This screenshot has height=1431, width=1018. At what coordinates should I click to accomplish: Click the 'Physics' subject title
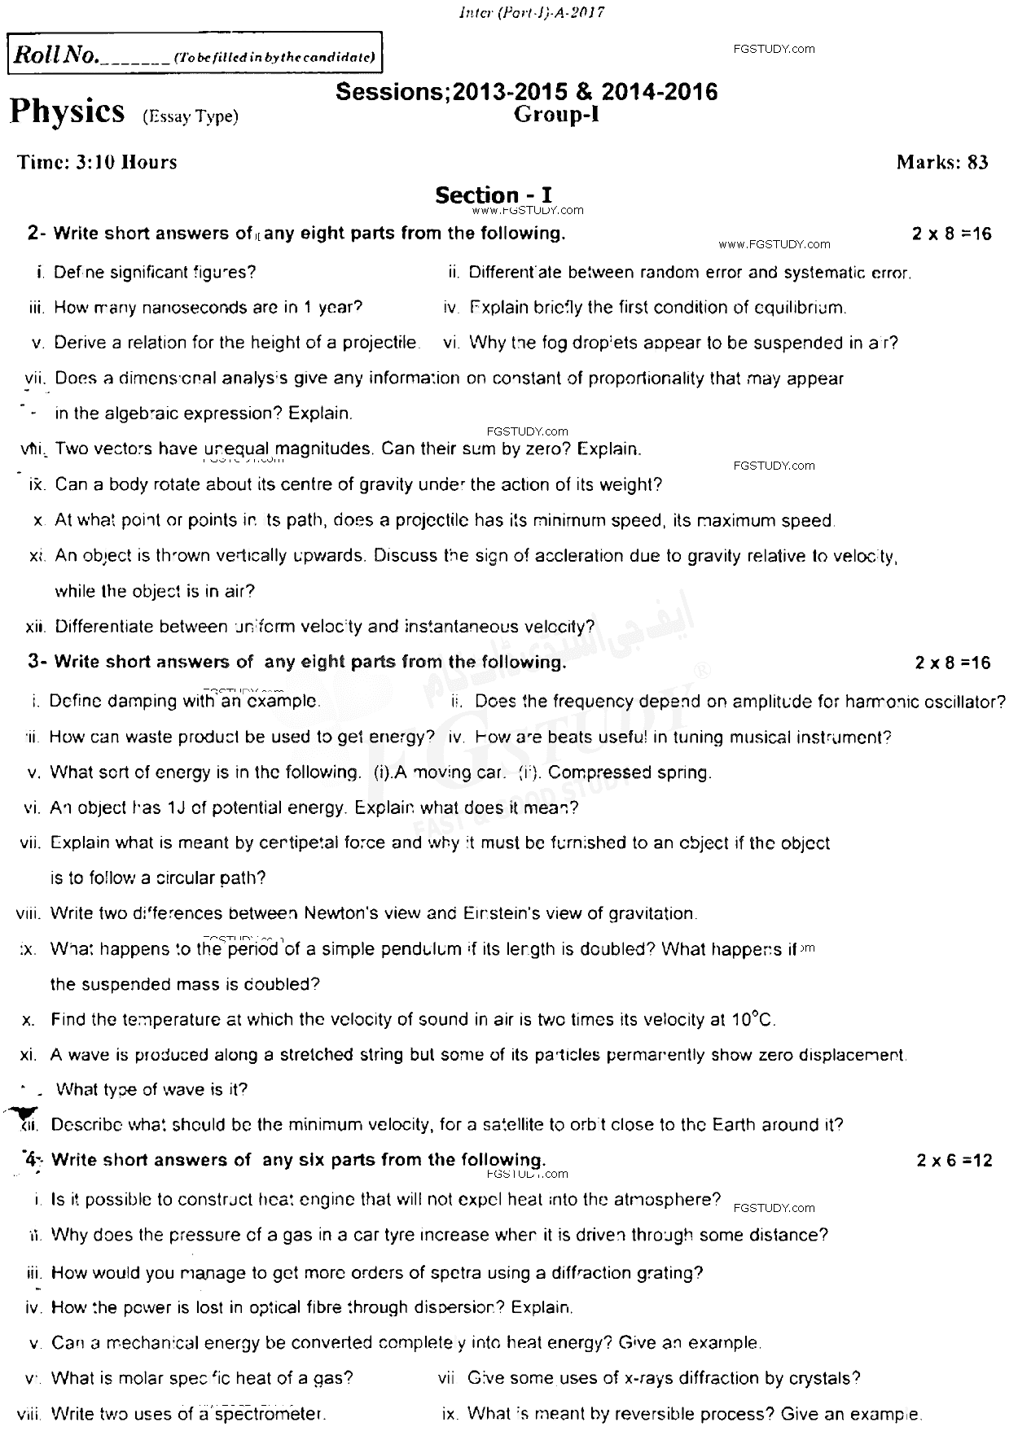68,112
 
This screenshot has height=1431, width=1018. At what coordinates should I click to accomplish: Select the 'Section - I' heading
494,195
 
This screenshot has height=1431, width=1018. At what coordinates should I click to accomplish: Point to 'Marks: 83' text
942,162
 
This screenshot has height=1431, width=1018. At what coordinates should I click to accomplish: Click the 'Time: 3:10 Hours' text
97,162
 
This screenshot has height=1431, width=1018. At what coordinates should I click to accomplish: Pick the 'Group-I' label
557,115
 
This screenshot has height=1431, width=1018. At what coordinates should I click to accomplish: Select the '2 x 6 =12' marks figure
954,1161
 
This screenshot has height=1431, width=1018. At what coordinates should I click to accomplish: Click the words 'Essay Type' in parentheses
191,117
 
